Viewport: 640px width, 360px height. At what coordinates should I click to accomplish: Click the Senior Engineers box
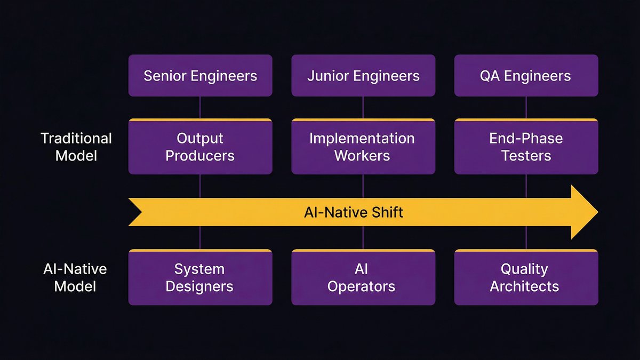point(200,76)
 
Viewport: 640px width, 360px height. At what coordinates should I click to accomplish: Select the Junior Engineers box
point(363,76)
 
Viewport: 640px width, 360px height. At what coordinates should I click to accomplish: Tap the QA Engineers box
point(526,76)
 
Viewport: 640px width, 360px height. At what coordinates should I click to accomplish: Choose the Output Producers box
point(200,147)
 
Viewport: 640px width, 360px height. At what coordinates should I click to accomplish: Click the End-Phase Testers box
point(526,147)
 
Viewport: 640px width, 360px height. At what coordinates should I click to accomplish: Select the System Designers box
point(200,277)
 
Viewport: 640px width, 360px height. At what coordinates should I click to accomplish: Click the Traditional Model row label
point(76,147)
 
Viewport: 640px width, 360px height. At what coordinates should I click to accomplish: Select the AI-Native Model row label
point(75,277)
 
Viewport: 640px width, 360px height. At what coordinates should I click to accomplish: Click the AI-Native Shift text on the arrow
point(354,212)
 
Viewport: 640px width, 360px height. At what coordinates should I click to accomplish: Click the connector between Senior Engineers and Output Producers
point(200,107)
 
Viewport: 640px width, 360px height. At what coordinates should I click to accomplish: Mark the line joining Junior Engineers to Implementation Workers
point(363,107)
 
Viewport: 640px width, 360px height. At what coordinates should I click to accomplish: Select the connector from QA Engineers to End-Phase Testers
point(526,107)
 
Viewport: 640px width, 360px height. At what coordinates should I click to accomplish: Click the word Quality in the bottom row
point(524,269)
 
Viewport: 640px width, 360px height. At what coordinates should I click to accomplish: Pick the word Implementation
point(362,139)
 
